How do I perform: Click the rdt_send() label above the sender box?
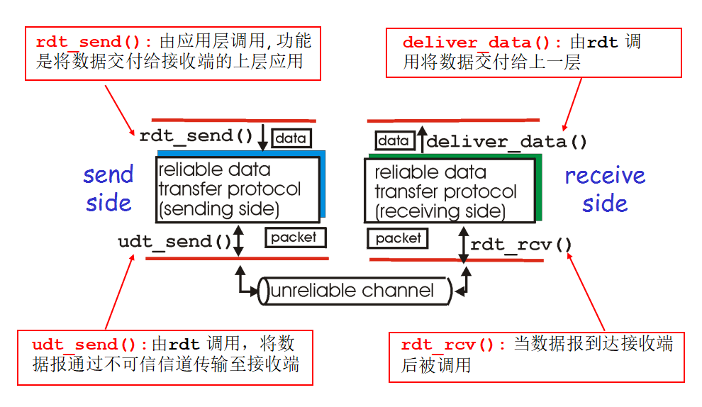click(x=196, y=136)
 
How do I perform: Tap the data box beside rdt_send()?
click(x=291, y=138)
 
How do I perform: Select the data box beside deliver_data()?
click(x=394, y=140)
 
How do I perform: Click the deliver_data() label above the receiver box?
click(x=506, y=142)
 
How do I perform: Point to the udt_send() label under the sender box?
click(x=174, y=242)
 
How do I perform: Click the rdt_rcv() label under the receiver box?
click(x=521, y=245)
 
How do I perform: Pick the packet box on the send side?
click(x=294, y=237)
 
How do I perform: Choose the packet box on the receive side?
click(x=398, y=238)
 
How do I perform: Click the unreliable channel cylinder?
click(x=353, y=291)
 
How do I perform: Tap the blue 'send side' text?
click(x=108, y=189)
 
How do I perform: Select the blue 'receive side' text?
click(x=605, y=189)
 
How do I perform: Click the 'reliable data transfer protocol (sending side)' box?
click(x=237, y=189)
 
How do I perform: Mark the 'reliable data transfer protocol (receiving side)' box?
click(x=450, y=191)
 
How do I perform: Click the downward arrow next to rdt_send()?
click(x=262, y=137)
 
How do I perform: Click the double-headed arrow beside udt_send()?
click(x=239, y=241)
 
